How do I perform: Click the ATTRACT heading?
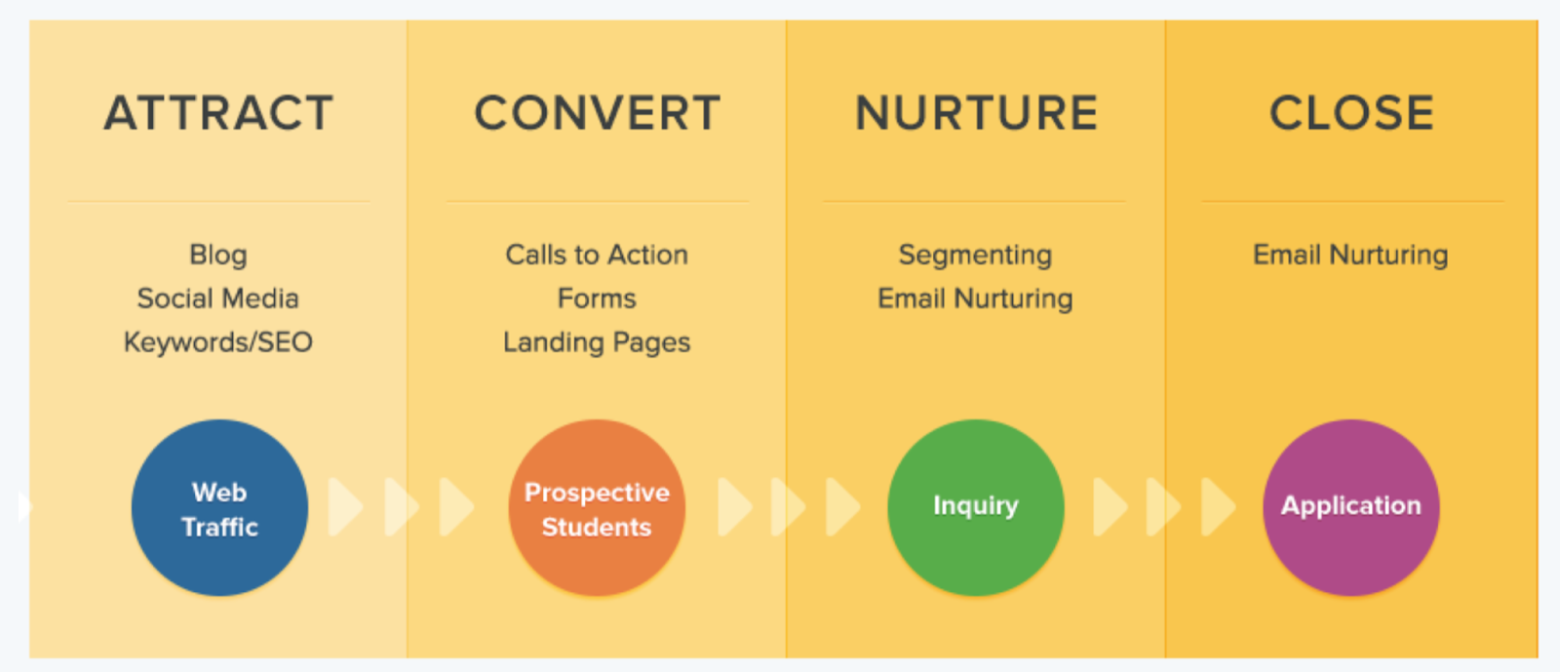218,113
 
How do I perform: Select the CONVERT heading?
597,113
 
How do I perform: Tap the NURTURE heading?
976,113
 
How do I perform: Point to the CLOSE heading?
1351,113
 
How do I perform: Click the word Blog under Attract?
218,255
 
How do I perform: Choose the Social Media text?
218,298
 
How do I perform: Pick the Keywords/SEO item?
218,342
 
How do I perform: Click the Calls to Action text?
597,255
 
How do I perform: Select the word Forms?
597,298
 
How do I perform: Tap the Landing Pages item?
597,342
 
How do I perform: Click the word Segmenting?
975,255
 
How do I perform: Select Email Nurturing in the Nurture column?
975,298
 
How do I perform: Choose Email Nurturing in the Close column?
1350,255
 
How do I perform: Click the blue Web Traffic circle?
219,508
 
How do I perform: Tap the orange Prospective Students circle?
597,508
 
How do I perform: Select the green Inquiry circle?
975,508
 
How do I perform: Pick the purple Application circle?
1351,508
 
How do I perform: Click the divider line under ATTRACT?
219,202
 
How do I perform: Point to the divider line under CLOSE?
1352,202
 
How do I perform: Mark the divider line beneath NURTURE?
974,202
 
